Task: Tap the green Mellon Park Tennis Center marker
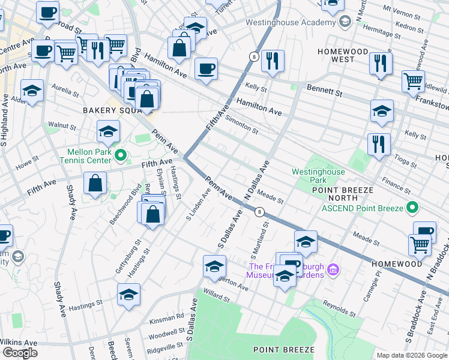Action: click(x=121, y=157)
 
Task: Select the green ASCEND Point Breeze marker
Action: click(x=412, y=208)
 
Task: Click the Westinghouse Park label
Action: click(x=318, y=176)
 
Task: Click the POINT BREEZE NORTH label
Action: click(x=343, y=194)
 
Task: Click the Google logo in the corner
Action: click(x=20, y=352)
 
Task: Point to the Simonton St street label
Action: click(x=242, y=127)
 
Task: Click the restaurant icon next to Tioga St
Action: click(x=379, y=143)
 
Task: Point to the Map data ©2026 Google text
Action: click(x=411, y=355)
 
